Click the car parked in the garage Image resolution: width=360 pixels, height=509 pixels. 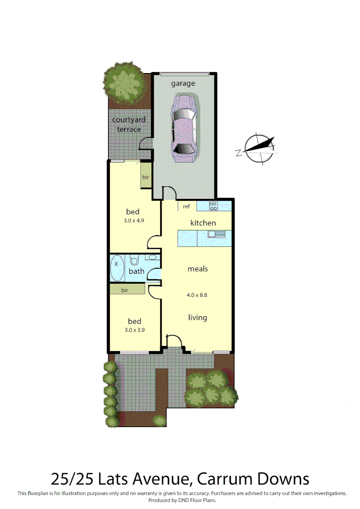pos(183,129)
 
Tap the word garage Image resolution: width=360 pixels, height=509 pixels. pos(183,83)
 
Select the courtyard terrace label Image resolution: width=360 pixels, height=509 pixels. pos(129,124)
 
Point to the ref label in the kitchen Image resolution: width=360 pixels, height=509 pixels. pos(186,206)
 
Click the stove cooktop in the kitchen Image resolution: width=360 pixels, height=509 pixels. pos(213,205)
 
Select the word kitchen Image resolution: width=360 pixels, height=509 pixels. pos(203,222)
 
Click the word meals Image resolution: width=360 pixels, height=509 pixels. pos(197,269)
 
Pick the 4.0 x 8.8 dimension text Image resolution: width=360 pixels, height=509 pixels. pos(197,296)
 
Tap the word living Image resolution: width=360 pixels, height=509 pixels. pos(197,317)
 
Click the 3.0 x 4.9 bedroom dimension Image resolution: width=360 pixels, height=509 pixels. pos(133,220)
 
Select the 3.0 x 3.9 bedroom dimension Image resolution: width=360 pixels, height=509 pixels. pos(134,330)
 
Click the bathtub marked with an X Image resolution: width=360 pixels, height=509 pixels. pos(117,268)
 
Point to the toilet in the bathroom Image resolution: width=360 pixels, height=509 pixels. pos(134,260)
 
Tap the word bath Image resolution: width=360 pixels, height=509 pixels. pos(137,271)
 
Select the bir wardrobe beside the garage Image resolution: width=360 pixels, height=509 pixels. pos(146,177)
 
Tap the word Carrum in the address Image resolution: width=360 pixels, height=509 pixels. pos(224,479)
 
